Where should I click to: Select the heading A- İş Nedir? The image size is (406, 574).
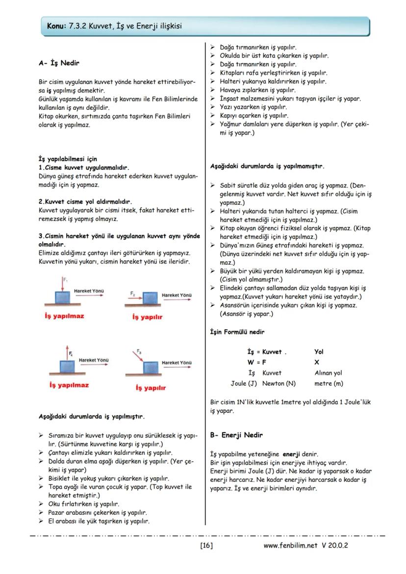(59, 63)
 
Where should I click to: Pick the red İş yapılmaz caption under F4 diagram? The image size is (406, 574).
(69, 385)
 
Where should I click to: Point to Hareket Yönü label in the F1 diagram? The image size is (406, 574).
(89, 291)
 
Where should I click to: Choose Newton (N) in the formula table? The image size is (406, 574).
(279, 383)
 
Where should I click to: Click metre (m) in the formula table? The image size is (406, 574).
(329, 383)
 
